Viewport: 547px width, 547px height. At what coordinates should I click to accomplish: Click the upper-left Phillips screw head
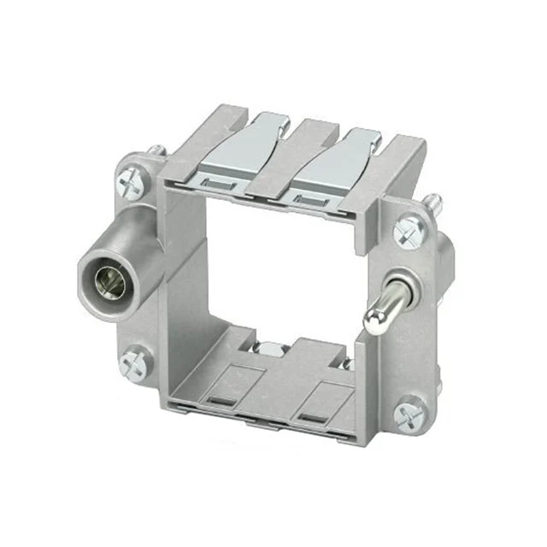coord(132,182)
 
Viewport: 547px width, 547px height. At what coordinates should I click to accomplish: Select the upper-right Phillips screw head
coord(409,229)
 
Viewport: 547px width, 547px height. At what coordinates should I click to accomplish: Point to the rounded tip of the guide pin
coord(373,321)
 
